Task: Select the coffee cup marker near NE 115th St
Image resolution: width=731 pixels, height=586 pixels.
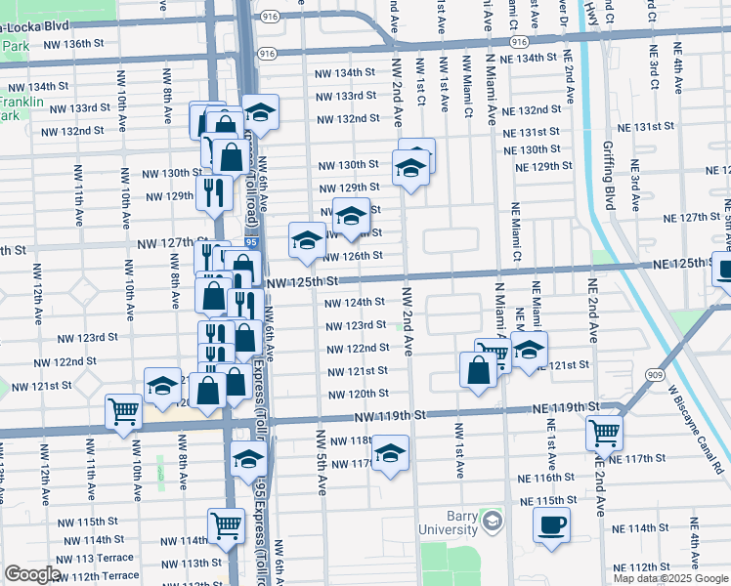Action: (551, 523)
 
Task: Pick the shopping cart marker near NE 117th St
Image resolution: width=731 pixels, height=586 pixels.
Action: (604, 431)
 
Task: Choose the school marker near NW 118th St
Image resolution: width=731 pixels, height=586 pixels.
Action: (390, 453)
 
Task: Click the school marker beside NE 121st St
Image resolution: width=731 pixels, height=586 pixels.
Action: (529, 349)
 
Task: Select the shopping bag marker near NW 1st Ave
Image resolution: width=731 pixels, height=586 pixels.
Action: (477, 370)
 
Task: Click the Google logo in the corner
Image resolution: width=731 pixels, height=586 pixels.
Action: (32, 574)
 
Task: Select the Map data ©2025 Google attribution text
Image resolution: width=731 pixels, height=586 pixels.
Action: (670, 578)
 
